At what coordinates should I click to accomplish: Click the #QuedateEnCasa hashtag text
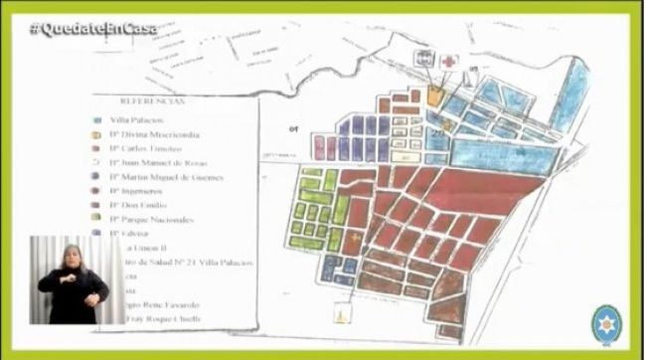93,29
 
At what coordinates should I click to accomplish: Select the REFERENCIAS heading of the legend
151,100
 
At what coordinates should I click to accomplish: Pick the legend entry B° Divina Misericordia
154,131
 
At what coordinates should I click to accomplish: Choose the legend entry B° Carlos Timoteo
147,145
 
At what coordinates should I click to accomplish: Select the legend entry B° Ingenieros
139,190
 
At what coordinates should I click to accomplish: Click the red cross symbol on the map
449,62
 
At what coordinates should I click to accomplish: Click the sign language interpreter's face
73,257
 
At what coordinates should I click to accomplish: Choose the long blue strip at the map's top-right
572,93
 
